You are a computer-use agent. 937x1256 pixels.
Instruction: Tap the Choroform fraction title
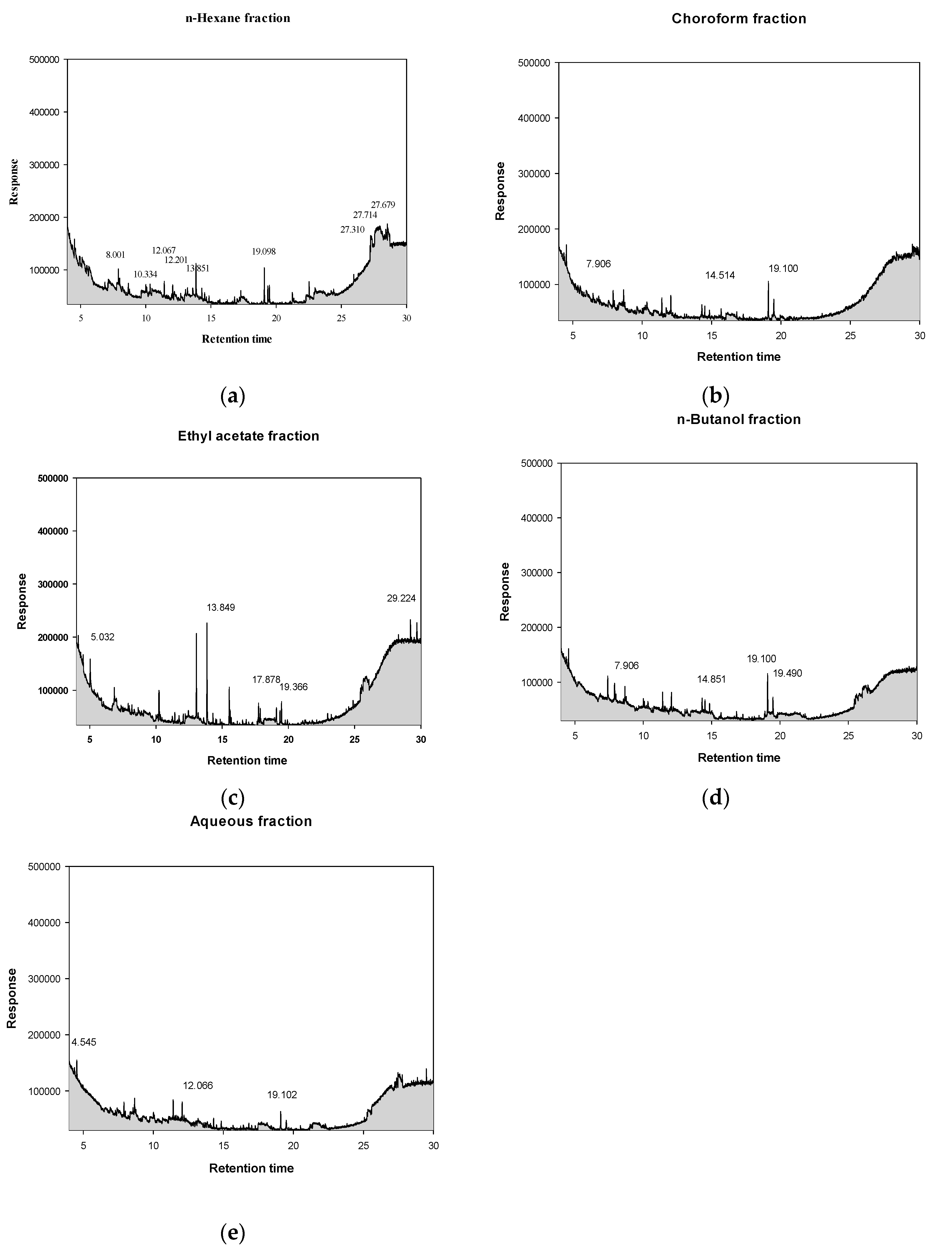point(738,19)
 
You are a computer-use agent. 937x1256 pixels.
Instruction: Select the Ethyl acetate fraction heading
point(248,436)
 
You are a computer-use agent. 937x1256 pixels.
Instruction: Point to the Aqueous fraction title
point(251,821)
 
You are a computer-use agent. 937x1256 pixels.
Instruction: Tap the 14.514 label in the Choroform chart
point(720,275)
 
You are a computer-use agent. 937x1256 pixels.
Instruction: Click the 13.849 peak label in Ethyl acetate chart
point(221,607)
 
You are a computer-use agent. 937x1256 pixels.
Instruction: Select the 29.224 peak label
point(405,598)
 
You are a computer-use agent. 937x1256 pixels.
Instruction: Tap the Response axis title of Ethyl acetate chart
point(22,601)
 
